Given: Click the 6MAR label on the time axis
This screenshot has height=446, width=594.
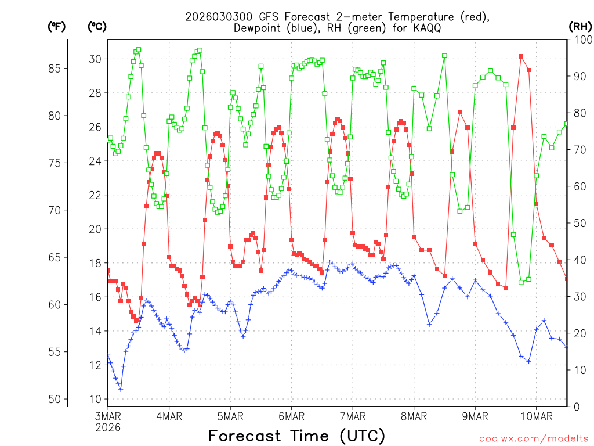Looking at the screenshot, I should tap(291, 416).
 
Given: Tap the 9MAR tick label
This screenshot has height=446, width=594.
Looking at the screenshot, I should tap(475, 416).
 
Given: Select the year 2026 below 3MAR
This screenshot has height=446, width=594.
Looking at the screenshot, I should tap(108, 427).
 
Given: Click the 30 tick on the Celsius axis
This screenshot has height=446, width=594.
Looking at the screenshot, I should tap(95, 59).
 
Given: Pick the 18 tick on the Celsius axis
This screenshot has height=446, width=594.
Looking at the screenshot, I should tap(95, 263).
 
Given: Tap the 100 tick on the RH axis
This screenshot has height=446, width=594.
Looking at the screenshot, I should tap(582, 39).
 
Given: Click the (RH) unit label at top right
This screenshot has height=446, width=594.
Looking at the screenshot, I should tap(580, 26).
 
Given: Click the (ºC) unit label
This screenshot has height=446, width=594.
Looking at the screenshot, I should tap(97, 26).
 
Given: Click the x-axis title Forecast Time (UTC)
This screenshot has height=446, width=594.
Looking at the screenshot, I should tap(296, 436).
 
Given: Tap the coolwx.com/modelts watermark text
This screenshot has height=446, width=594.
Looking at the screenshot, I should tap(534, 438).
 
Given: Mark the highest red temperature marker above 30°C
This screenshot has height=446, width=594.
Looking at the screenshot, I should tap(521, 56).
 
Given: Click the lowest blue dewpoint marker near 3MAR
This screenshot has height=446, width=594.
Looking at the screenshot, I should tap(121, 389).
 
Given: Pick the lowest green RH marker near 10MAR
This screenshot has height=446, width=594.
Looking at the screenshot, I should tap(521, 282).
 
